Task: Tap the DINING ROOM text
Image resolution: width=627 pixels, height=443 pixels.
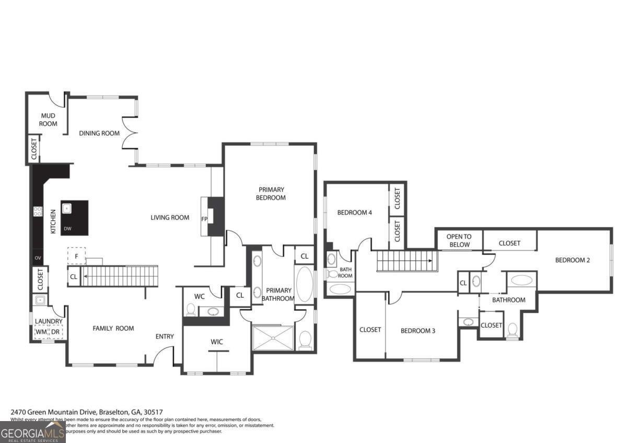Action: (x=99, y=133)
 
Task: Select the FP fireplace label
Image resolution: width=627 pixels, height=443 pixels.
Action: (x=204, y=219)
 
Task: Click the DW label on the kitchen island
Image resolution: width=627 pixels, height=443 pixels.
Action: (x=67, y=229)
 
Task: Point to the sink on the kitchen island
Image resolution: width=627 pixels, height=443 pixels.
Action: (x=67, y=208)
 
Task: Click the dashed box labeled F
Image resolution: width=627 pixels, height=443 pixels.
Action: (x=76, y=255)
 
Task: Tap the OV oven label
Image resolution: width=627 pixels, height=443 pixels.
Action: (x=38, y=258)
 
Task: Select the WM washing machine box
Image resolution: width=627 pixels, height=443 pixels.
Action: (x=41, y=332)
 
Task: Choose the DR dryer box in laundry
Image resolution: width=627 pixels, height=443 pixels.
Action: (x=55, y=332)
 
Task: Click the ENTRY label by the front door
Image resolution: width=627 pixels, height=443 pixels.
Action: (x=165, y=336)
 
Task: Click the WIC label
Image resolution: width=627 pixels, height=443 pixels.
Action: (x=217, y=342)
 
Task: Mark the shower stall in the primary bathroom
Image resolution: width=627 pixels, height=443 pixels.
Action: (x=273, y=337)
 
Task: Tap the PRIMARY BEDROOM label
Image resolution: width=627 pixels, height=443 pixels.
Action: (x=272, y=193)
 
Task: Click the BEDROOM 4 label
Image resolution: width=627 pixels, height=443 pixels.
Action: (x=355, y=212)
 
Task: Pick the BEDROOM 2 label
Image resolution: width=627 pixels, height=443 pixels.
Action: (x=572, y=260)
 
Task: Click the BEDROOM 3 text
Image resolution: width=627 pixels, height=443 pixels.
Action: (x=418, y=331)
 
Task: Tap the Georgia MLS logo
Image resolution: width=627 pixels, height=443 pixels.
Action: (x=32, y=432)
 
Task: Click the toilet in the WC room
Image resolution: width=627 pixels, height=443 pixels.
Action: (x=191, y=309)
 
